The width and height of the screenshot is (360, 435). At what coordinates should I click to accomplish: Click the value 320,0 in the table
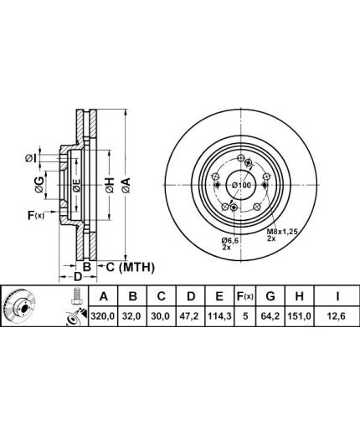103,316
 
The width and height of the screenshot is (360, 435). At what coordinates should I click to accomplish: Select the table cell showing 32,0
132,316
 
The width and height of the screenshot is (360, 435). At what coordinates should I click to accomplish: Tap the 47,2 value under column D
190,316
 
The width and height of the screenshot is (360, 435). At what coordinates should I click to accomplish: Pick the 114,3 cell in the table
219,316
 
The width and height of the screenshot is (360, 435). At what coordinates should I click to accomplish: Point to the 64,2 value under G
270,316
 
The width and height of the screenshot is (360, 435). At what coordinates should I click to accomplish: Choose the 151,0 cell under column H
299,316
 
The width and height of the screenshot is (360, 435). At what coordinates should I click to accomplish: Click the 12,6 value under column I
337,316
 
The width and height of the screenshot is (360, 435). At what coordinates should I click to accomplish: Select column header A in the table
103,296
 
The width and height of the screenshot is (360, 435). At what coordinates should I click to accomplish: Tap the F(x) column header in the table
244,296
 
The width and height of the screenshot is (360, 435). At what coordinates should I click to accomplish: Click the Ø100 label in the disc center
242,185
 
